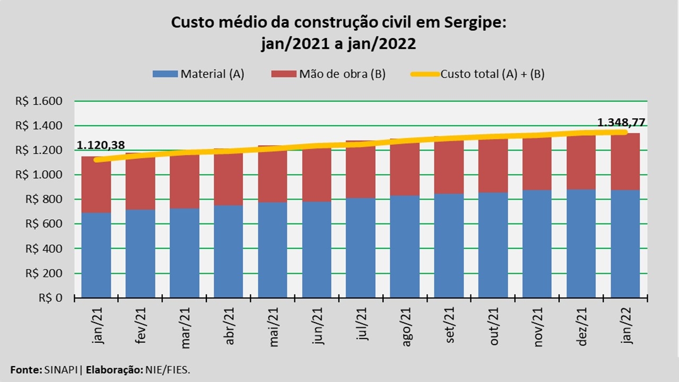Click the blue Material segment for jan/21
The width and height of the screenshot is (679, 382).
[96, 255]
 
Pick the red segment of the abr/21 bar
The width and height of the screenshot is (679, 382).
[229, 178]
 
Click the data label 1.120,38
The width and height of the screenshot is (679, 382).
[101, 145]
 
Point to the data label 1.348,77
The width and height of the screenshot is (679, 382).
[621, 123]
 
